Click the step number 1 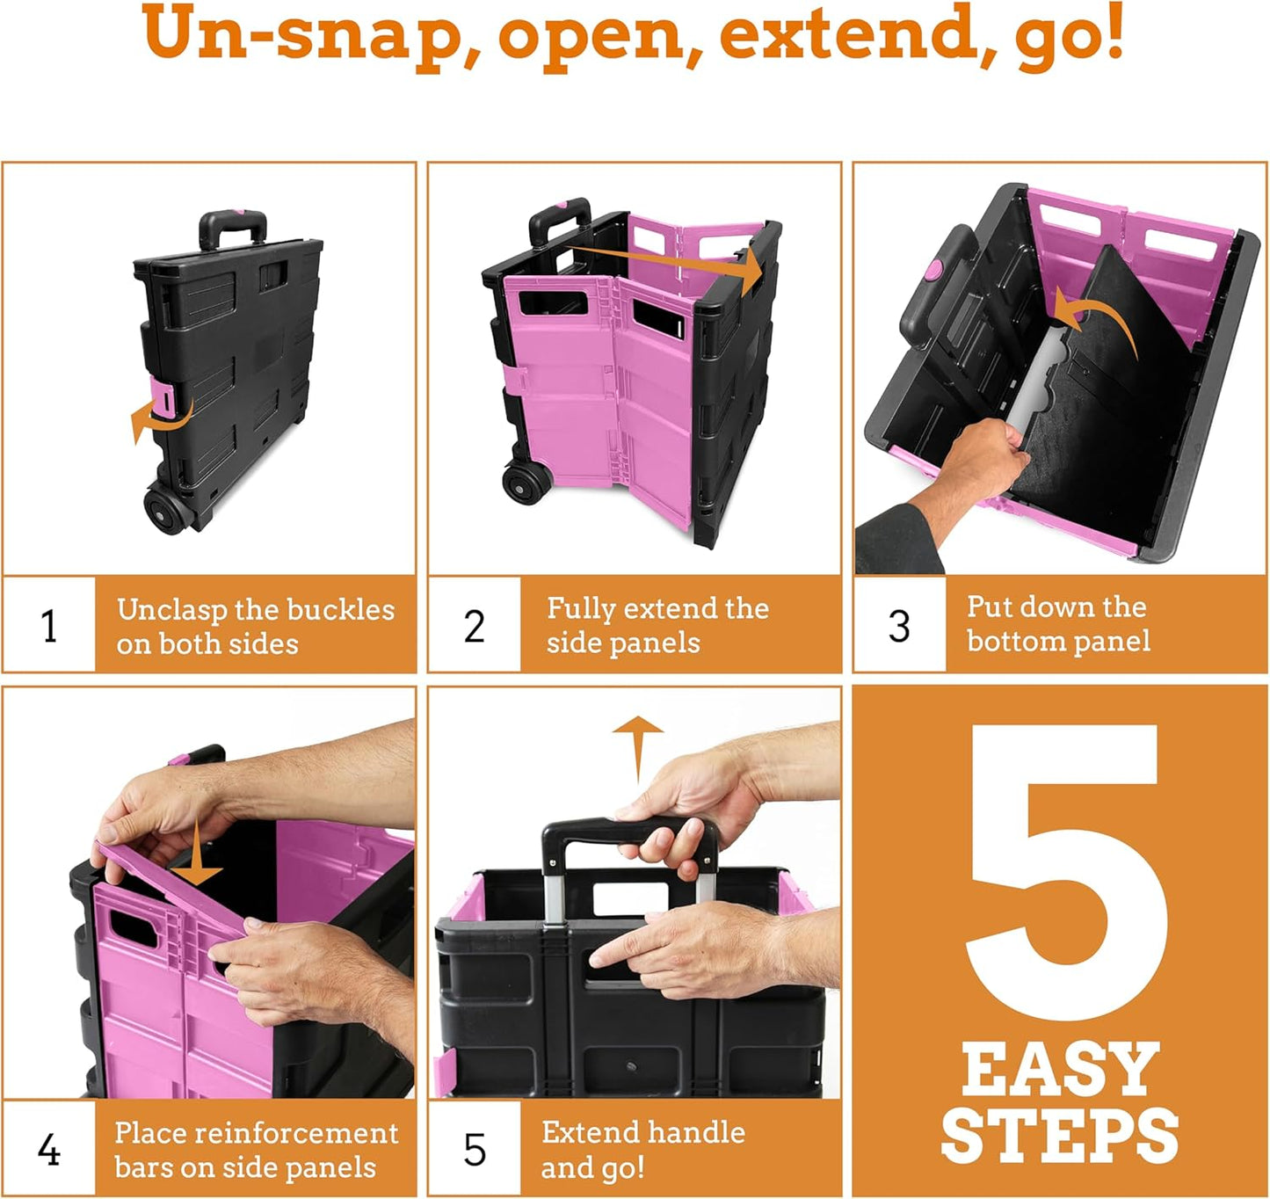49,626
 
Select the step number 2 474,626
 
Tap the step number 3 898,626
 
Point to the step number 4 49,1150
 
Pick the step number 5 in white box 474,1150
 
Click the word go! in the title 1069,35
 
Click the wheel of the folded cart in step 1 163,509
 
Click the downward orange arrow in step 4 196,857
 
